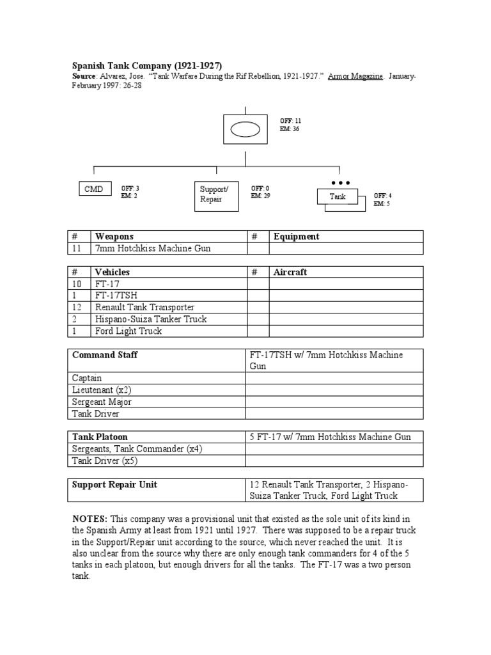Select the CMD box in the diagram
pos(94,189)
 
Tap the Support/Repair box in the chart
pos(217,195)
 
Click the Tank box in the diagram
pos(338,196)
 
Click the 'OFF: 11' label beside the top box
pos(290,121)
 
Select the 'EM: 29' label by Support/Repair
pos(260,196)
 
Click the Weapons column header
pos(114,237)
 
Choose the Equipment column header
pos(296,237)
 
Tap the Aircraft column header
pos(290,272)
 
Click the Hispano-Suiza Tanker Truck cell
pos(151,319)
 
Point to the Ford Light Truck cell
pos(128,331)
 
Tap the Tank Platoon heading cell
pos(99,437)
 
